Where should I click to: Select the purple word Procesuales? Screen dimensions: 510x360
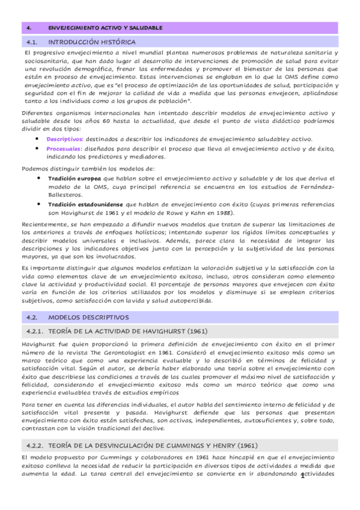64,148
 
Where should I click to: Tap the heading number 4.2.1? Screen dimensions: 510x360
36,331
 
